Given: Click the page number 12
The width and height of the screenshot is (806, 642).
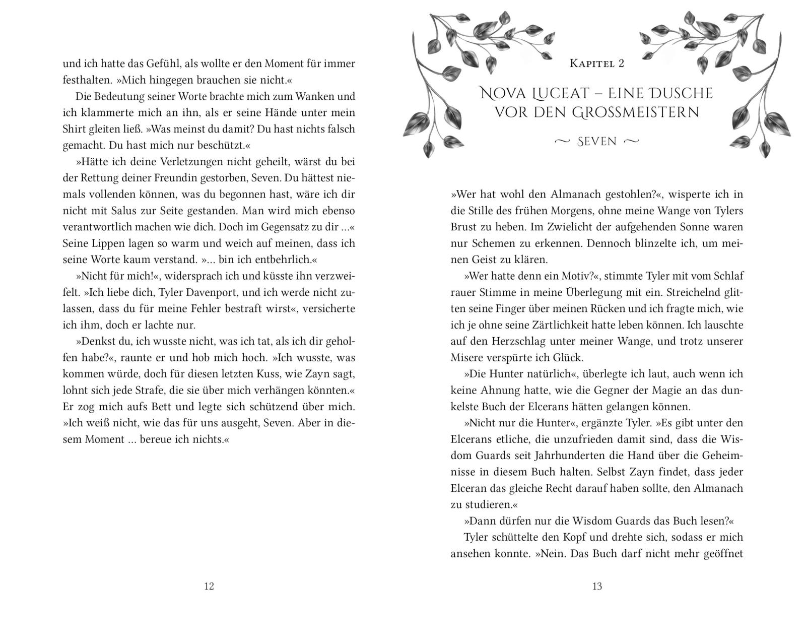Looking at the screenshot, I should click(209, 586).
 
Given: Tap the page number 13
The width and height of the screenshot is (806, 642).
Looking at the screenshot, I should click(597, 586).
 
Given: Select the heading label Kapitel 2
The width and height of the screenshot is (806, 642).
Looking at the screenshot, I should click(597, 63).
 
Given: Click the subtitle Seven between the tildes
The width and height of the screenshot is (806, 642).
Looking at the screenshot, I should click(597, 142).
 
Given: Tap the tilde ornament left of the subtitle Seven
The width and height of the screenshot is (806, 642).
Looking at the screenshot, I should click(563, 142).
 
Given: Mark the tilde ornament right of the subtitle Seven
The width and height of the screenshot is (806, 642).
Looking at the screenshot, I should click(631, 142).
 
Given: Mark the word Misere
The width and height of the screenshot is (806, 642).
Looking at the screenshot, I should click(466, 358).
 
